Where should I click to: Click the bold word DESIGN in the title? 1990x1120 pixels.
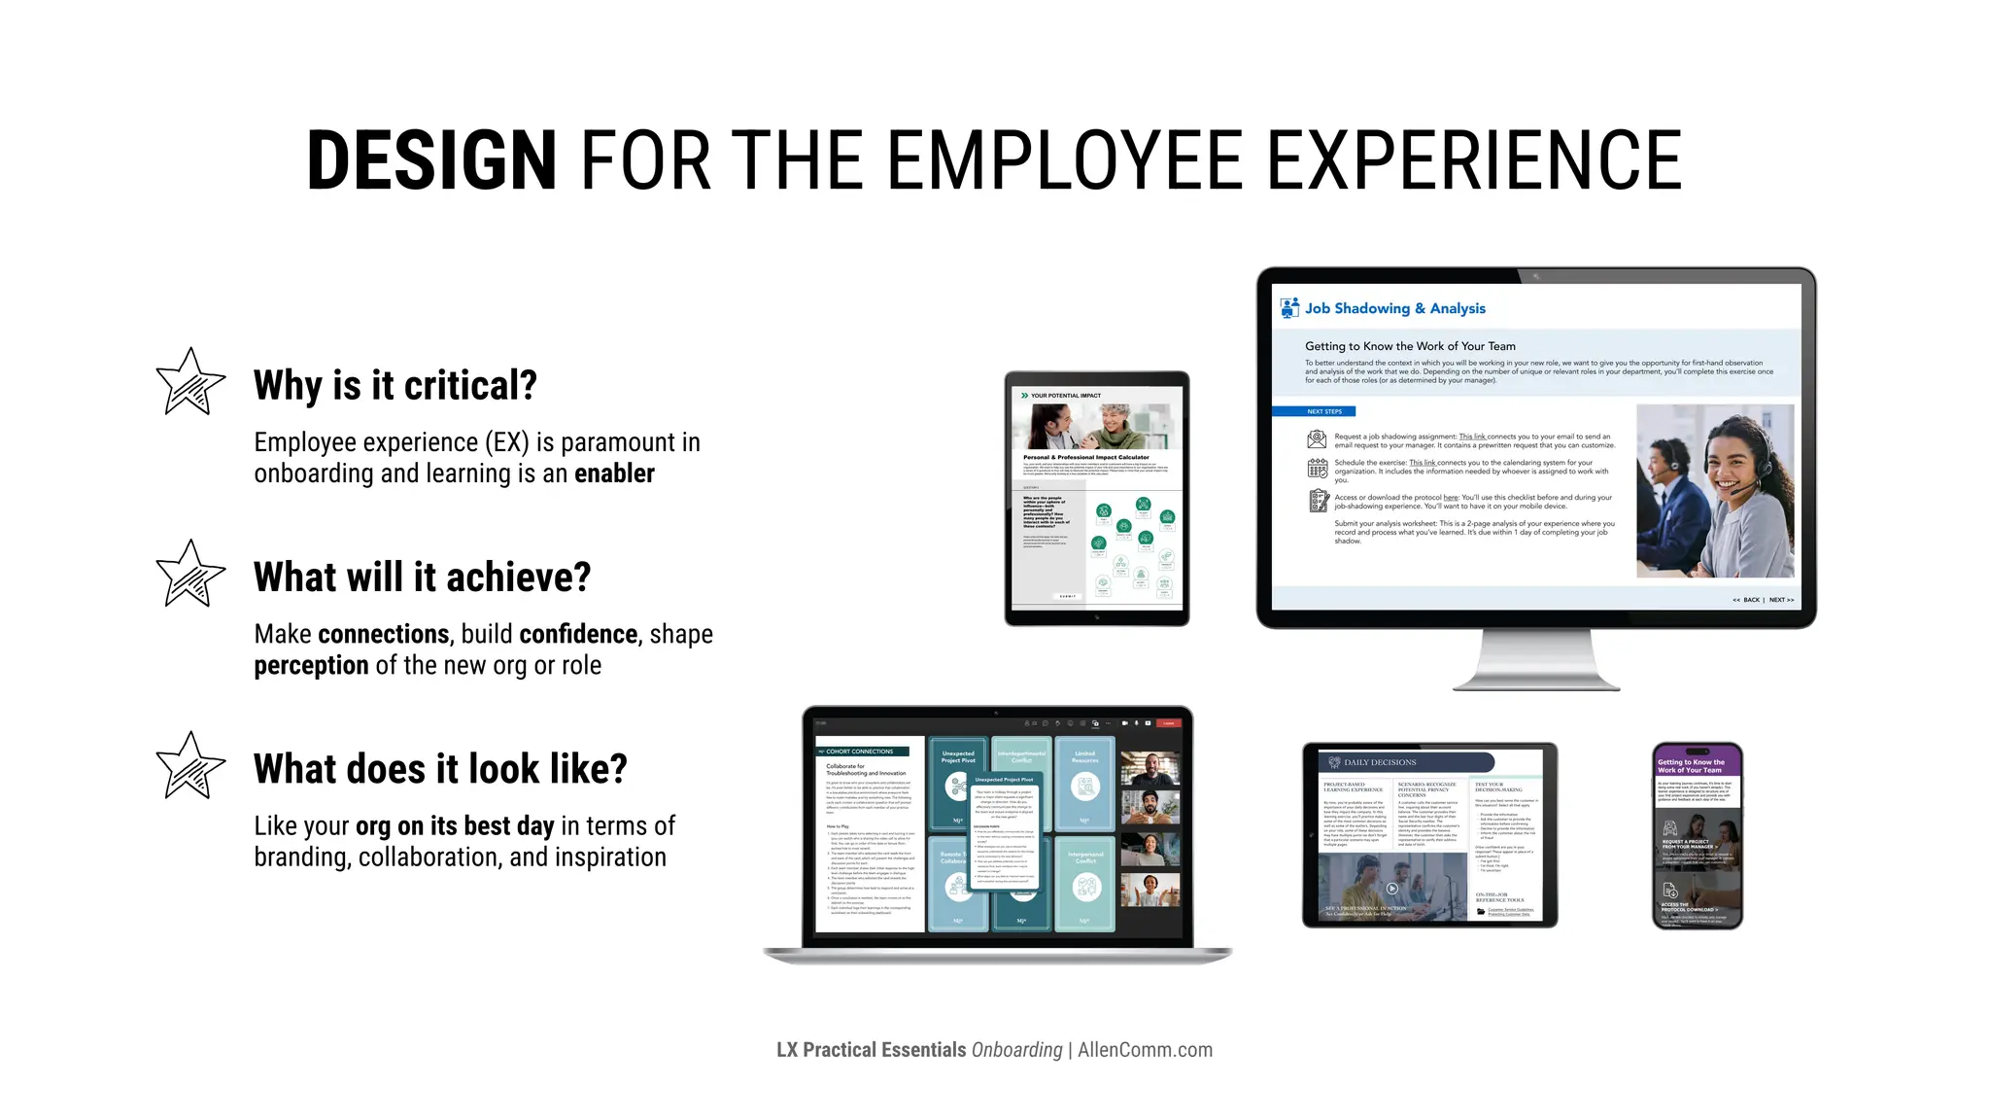pos(431,160)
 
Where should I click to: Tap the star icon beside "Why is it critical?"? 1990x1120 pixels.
pos(190,382)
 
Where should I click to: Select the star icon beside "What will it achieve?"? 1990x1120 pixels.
pos(190,574)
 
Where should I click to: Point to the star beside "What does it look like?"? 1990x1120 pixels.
pos(190,766)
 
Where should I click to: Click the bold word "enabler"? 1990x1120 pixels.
pos(614,473)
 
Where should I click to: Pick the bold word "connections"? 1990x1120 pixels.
pos(383,634)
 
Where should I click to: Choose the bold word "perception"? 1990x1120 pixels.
pos(311,665)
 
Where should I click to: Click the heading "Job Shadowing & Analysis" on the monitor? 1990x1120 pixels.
pos(1394,308)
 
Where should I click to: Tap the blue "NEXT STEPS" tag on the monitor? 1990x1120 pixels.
pos(1323,411)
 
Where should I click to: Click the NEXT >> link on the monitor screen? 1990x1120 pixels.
pos(1781,600)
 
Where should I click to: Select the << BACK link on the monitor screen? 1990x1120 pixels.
pos(1746,600)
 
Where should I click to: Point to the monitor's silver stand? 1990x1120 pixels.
pos(1535,661)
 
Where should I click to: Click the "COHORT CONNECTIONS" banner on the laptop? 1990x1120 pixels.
pos(860,752)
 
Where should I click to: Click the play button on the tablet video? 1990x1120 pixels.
pos(1391,889)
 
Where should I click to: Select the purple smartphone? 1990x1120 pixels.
pos(1697,836)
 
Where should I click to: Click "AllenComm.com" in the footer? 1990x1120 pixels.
pos(1145,1050)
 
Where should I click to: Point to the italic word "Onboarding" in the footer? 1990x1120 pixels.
pos(1016,1050)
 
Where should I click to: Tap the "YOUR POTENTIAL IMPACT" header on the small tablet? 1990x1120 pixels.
pos(1065,396)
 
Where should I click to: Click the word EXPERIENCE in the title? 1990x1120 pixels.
pos(1474,160)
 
